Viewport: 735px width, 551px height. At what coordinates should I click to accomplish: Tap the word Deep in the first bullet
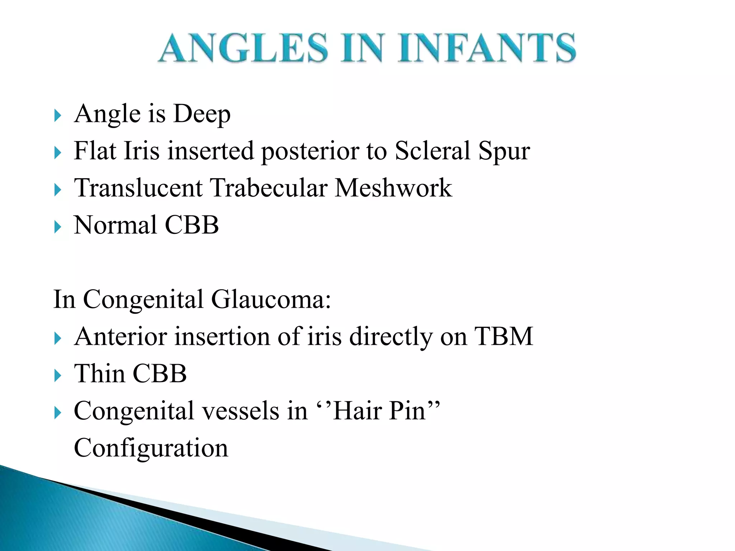click(202, 114)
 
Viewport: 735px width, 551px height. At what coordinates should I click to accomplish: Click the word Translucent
click(138, 188)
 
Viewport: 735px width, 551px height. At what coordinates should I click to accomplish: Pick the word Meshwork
click(393, 188)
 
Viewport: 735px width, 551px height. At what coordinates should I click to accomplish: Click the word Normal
click(115, 225)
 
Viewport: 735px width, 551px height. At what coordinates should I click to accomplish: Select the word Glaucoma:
click(271, 300)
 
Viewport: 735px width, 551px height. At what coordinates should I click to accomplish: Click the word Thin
click(99, 374)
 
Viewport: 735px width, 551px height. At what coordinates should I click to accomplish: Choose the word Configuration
click(151, 448)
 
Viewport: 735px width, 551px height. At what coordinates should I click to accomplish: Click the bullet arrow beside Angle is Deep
click(57, 116)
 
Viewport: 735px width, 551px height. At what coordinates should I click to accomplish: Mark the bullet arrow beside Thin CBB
click(57, 376)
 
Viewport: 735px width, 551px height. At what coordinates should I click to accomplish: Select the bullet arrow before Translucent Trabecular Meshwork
click(57, 190)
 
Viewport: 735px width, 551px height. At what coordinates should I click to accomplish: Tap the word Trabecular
click(268, 188)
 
